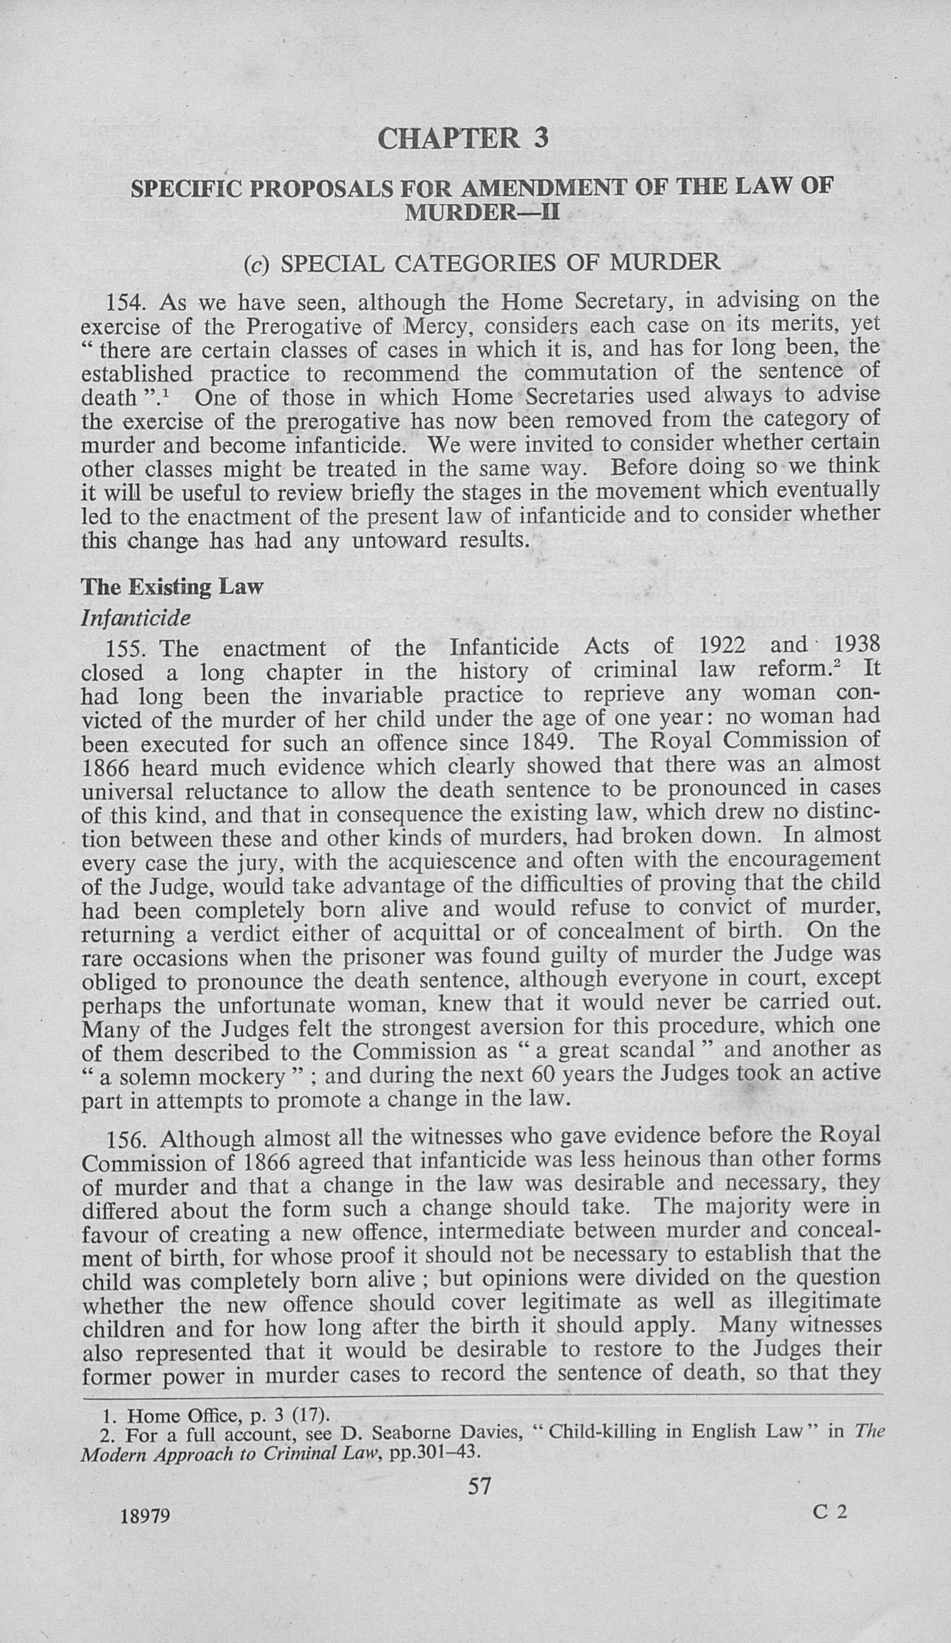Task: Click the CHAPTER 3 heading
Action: point(463,138)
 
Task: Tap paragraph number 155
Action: point(128,649)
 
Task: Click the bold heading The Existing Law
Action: point(171,587)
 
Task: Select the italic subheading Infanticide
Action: point(137,618)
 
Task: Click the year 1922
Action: point(722,646)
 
